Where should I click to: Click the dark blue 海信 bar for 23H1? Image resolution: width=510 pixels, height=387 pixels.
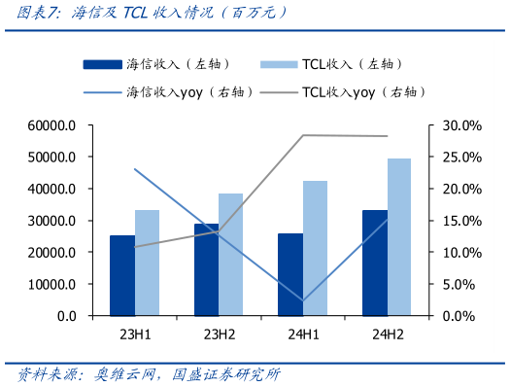pyautogui.click(x=122, y=275)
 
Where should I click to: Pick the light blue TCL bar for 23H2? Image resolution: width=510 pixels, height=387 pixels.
pyautogui.click(x=230, y=255)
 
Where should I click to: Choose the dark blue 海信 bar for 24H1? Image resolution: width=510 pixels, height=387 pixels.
pyautogui.click(x=290, y=274)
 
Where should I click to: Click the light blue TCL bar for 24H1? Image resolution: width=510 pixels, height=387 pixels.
pyautogui.click(x=315, y=248)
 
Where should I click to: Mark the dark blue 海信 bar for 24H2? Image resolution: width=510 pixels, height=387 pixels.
pyautogui.click(x=374, y=263)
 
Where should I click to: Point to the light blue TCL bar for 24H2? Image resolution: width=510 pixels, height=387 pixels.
pyautogui.click(x=399, y=237)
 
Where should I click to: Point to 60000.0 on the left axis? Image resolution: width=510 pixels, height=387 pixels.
pyautogui.click(x=52, y=125)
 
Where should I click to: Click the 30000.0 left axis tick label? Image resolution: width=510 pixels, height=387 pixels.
pyautogui.click(x=52, y=221)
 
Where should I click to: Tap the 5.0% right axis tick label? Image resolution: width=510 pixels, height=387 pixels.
pyautogui.click(x=453, y=284)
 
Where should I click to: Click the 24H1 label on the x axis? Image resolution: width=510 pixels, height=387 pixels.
pyautogui.click(x=303, y=335)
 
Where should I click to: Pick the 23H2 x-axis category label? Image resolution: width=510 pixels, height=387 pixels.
pyautogui.click(x=219, y=335)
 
